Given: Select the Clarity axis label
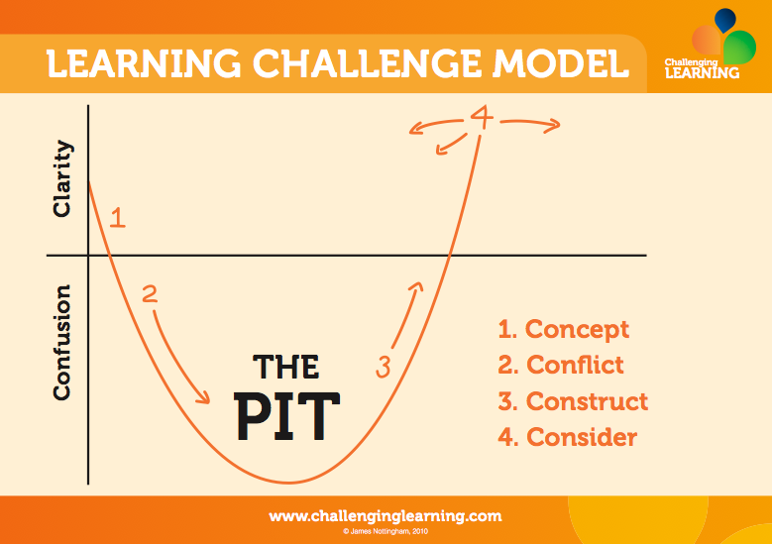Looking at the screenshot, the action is tap(62, 178).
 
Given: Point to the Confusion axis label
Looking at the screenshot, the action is tap(62, 342).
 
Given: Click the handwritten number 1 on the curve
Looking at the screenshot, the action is tap(118, 217).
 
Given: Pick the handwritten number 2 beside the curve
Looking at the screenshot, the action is tap(150, 294).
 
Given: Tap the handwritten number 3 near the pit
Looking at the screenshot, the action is tap(384, 367).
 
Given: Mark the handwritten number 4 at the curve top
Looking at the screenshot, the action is tap(482, 117).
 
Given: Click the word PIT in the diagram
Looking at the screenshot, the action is tap(287, 416).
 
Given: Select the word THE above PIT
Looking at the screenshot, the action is tap(286, 367).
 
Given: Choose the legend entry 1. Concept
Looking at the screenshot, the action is tap(563, 329).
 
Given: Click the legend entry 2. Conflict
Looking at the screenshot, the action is tap(561, 365).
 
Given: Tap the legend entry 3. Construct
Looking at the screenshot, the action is tap(573, 400).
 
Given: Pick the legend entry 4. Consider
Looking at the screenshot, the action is tap(567, 437).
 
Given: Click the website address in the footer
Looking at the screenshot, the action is tap(386, 516).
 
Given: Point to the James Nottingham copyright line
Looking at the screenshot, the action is tap(386, 532).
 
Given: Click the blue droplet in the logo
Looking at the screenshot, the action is tap(724, 20).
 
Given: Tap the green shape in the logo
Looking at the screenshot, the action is tap(740, 47).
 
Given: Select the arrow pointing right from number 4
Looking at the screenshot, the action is tap(531, 124).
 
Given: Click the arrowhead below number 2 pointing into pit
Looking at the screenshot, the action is tap(204, 397).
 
